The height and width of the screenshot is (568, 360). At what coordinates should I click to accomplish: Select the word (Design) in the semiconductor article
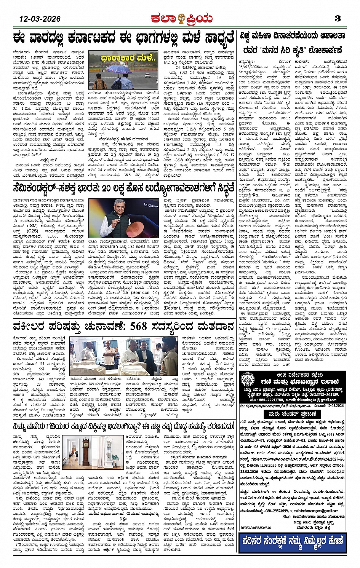pyautogui.click(x=172, y=308)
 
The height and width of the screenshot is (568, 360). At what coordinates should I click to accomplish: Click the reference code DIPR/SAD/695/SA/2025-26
pyautogui.click(x=256, y=528)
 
